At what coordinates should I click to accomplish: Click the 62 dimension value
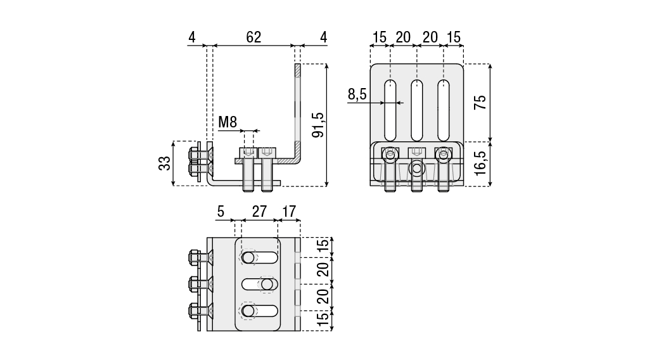[x=253, y=37]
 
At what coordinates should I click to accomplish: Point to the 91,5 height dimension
[x=319, y=125]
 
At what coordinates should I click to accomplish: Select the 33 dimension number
[x=164, y=163]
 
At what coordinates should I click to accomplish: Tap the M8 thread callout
[x=227, y=122]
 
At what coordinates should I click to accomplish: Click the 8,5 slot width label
[x=357, y=94]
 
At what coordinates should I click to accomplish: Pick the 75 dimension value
[x=480, y=103]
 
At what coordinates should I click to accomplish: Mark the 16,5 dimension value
[x=480, y=164]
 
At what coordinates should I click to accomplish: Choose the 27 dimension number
[x=259, y=212]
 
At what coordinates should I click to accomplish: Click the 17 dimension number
[x=289, y=212]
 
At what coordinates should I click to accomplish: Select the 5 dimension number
[x=221, y=212]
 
